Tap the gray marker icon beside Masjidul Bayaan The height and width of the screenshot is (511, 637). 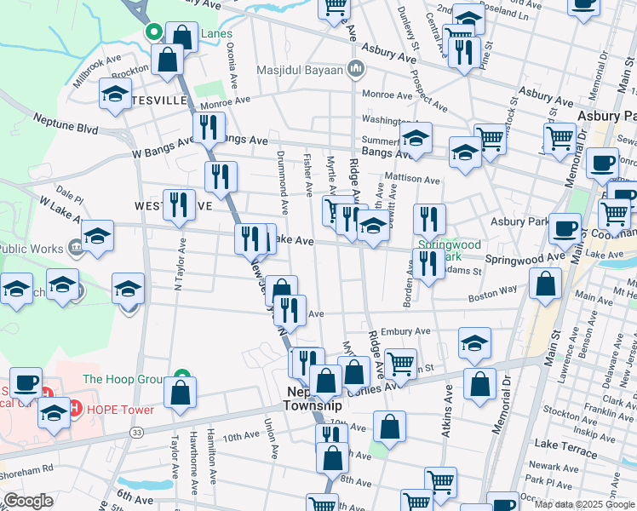coord(357,68)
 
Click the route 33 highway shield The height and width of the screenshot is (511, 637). coord(137,433)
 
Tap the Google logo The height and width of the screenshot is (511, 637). coord(27,501)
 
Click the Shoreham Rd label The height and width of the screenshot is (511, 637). coord(27,467)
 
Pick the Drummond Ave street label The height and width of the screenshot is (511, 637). coord(283,182)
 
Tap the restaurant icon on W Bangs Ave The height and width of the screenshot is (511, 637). coord(207,129)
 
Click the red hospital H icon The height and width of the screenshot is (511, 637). coord(75,409)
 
